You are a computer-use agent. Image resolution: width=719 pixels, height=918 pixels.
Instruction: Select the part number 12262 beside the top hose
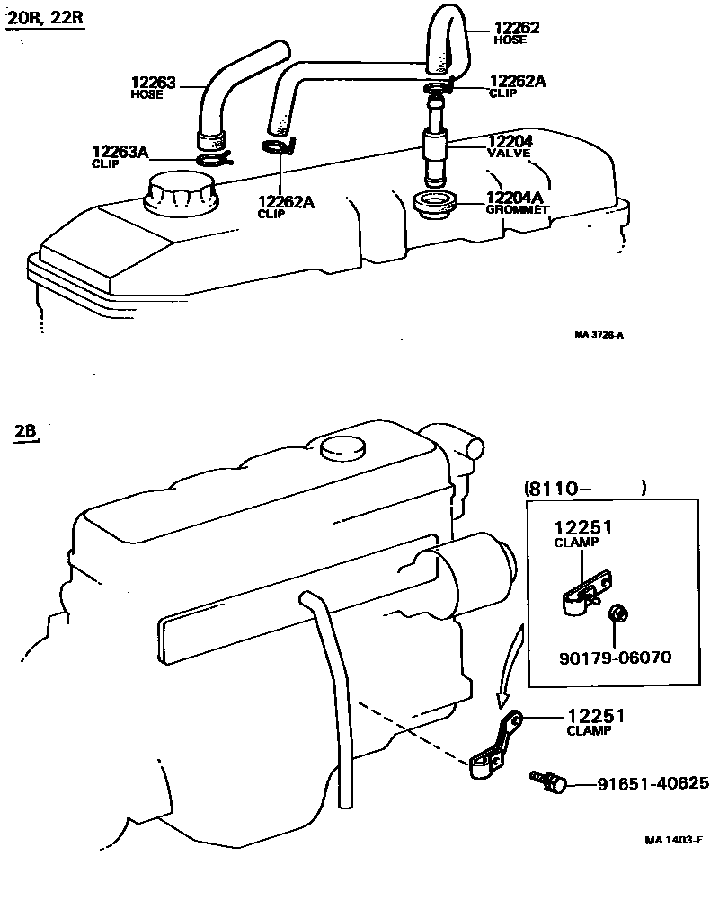[517, 29]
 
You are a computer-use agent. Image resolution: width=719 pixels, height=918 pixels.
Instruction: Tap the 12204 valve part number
[510, 141]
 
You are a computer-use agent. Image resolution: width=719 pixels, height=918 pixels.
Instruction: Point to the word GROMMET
[517, 210]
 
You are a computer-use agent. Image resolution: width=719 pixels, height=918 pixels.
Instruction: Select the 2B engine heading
[24, 430]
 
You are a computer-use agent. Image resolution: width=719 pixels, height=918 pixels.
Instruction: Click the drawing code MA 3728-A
[599, 335]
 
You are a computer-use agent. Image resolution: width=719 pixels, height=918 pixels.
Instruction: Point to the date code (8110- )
[584, 489]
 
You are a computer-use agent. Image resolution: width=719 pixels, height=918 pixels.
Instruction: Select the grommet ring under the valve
[436, 203]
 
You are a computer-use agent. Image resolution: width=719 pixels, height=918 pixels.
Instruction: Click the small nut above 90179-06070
[617, 615]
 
